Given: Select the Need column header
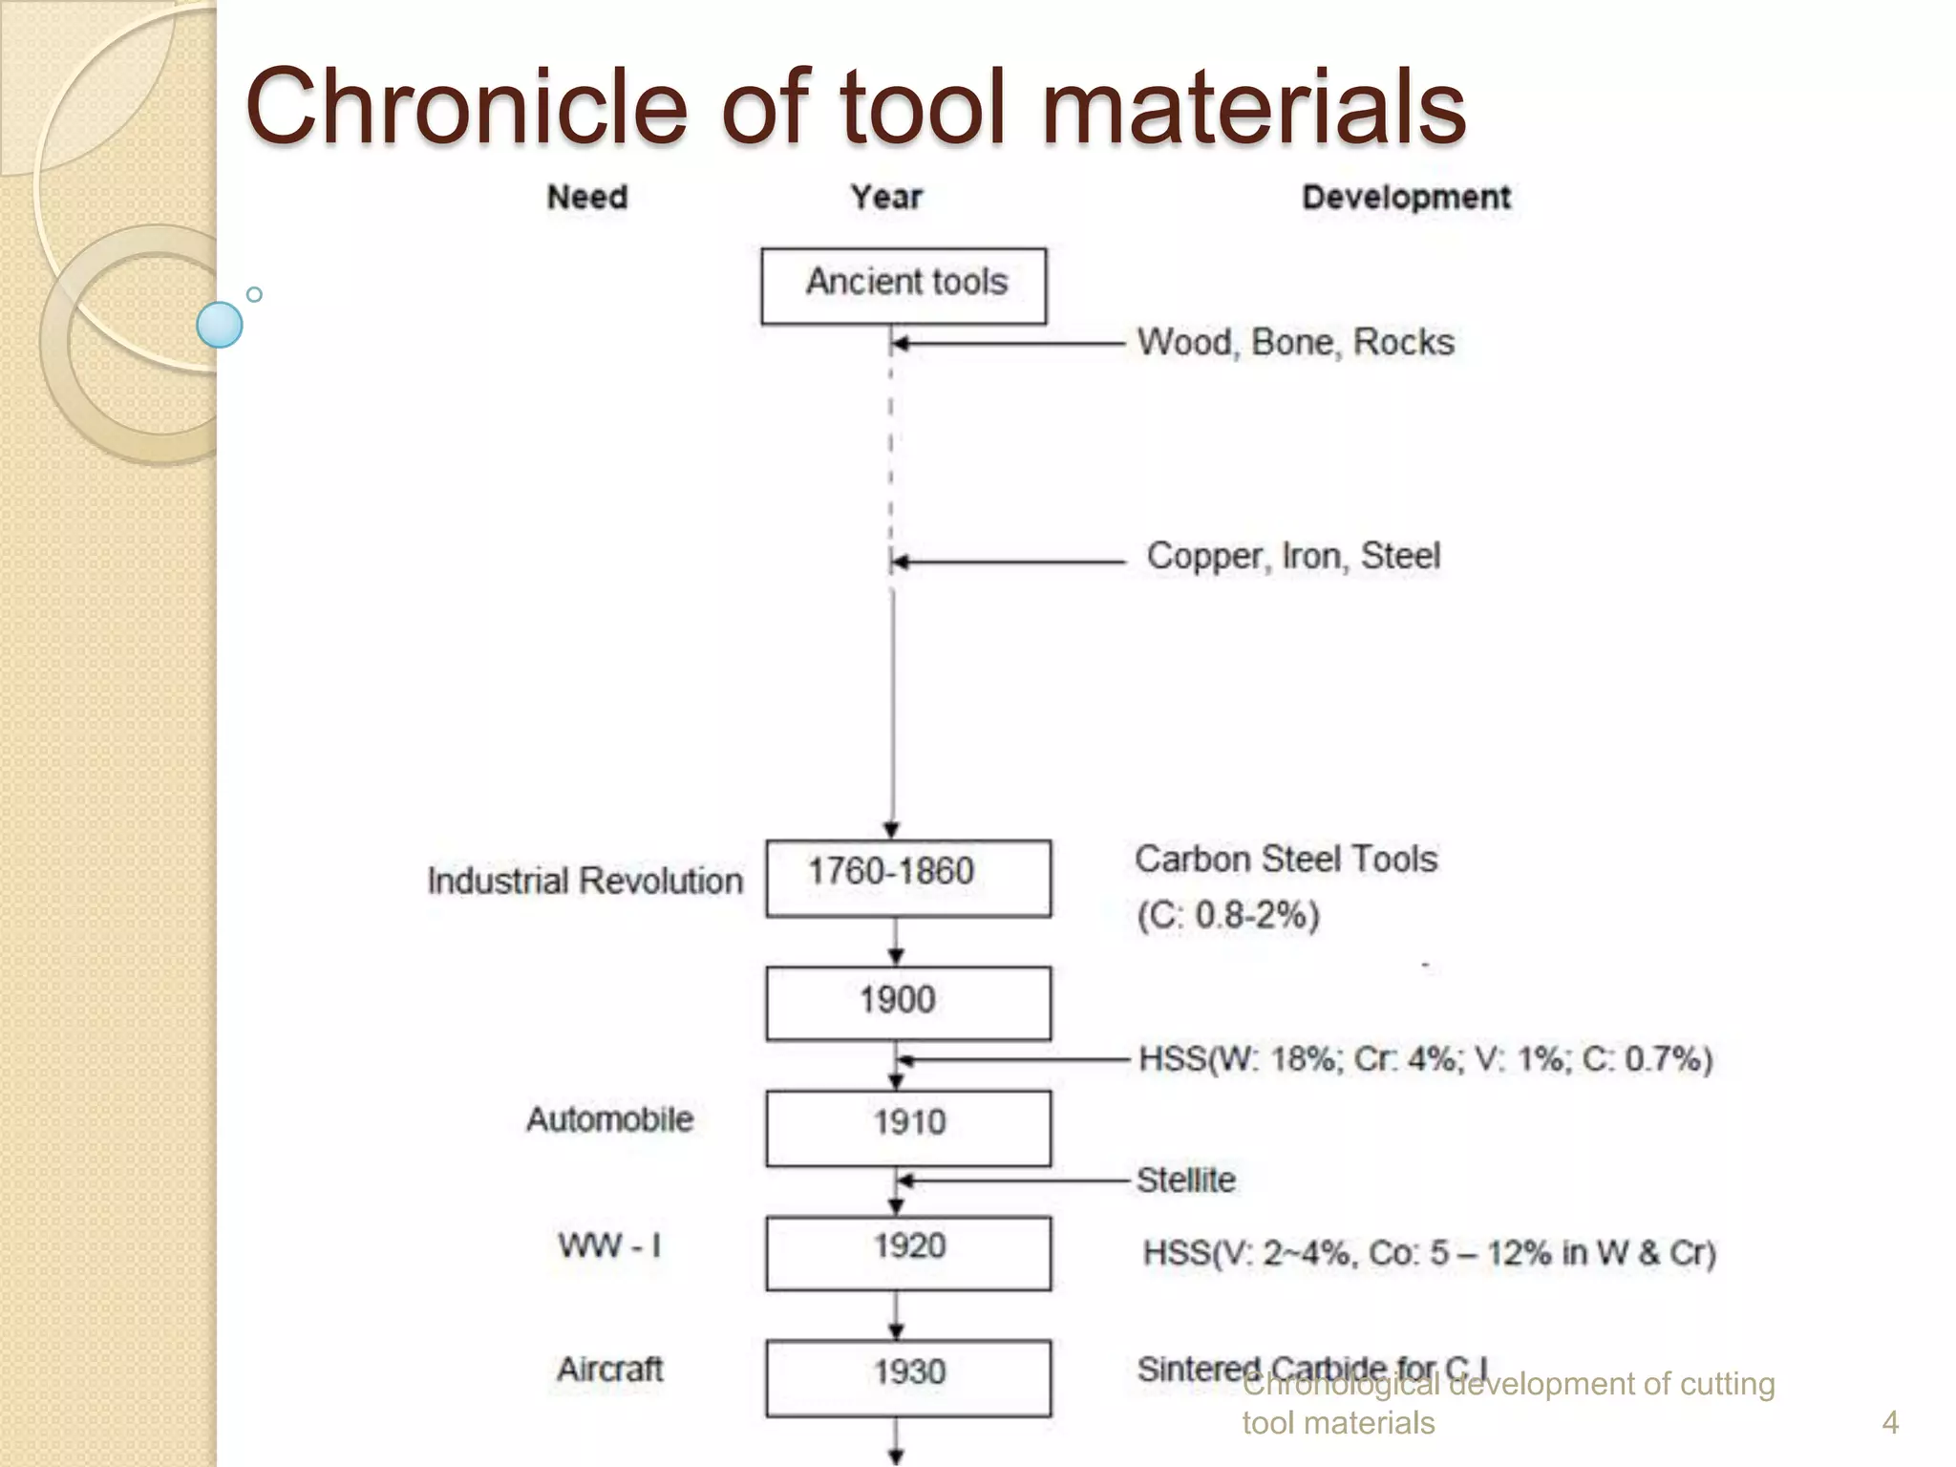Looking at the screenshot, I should tap(586, 197).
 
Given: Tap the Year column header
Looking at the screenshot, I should tap(886, 197).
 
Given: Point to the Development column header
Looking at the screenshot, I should tap(1406, 197).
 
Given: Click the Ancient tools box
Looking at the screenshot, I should tap(904, 285).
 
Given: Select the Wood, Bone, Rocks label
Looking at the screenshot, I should tap(1295, 342).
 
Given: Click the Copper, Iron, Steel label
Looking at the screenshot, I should tap(1293, 556).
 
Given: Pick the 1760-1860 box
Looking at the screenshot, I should tap(907, 878).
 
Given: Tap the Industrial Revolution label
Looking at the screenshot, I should tap(585, 881).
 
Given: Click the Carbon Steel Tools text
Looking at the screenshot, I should tap(1286, 860).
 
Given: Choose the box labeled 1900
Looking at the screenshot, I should tap(907, 1002).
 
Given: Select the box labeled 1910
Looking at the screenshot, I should tap(907, 1126).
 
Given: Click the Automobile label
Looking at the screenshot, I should tap(609, 1118).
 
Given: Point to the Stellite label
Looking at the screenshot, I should tap(1185, 1180).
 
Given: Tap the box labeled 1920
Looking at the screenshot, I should tap(907, 1251).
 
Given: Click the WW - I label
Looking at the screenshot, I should tap(609, 1245).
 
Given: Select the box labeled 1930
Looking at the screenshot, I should tap(907, 1376).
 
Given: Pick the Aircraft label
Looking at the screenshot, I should tap(609, 1369).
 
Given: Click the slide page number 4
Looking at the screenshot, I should tap(1889, 1423).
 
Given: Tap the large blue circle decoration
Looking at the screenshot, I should tap(220, 325).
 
